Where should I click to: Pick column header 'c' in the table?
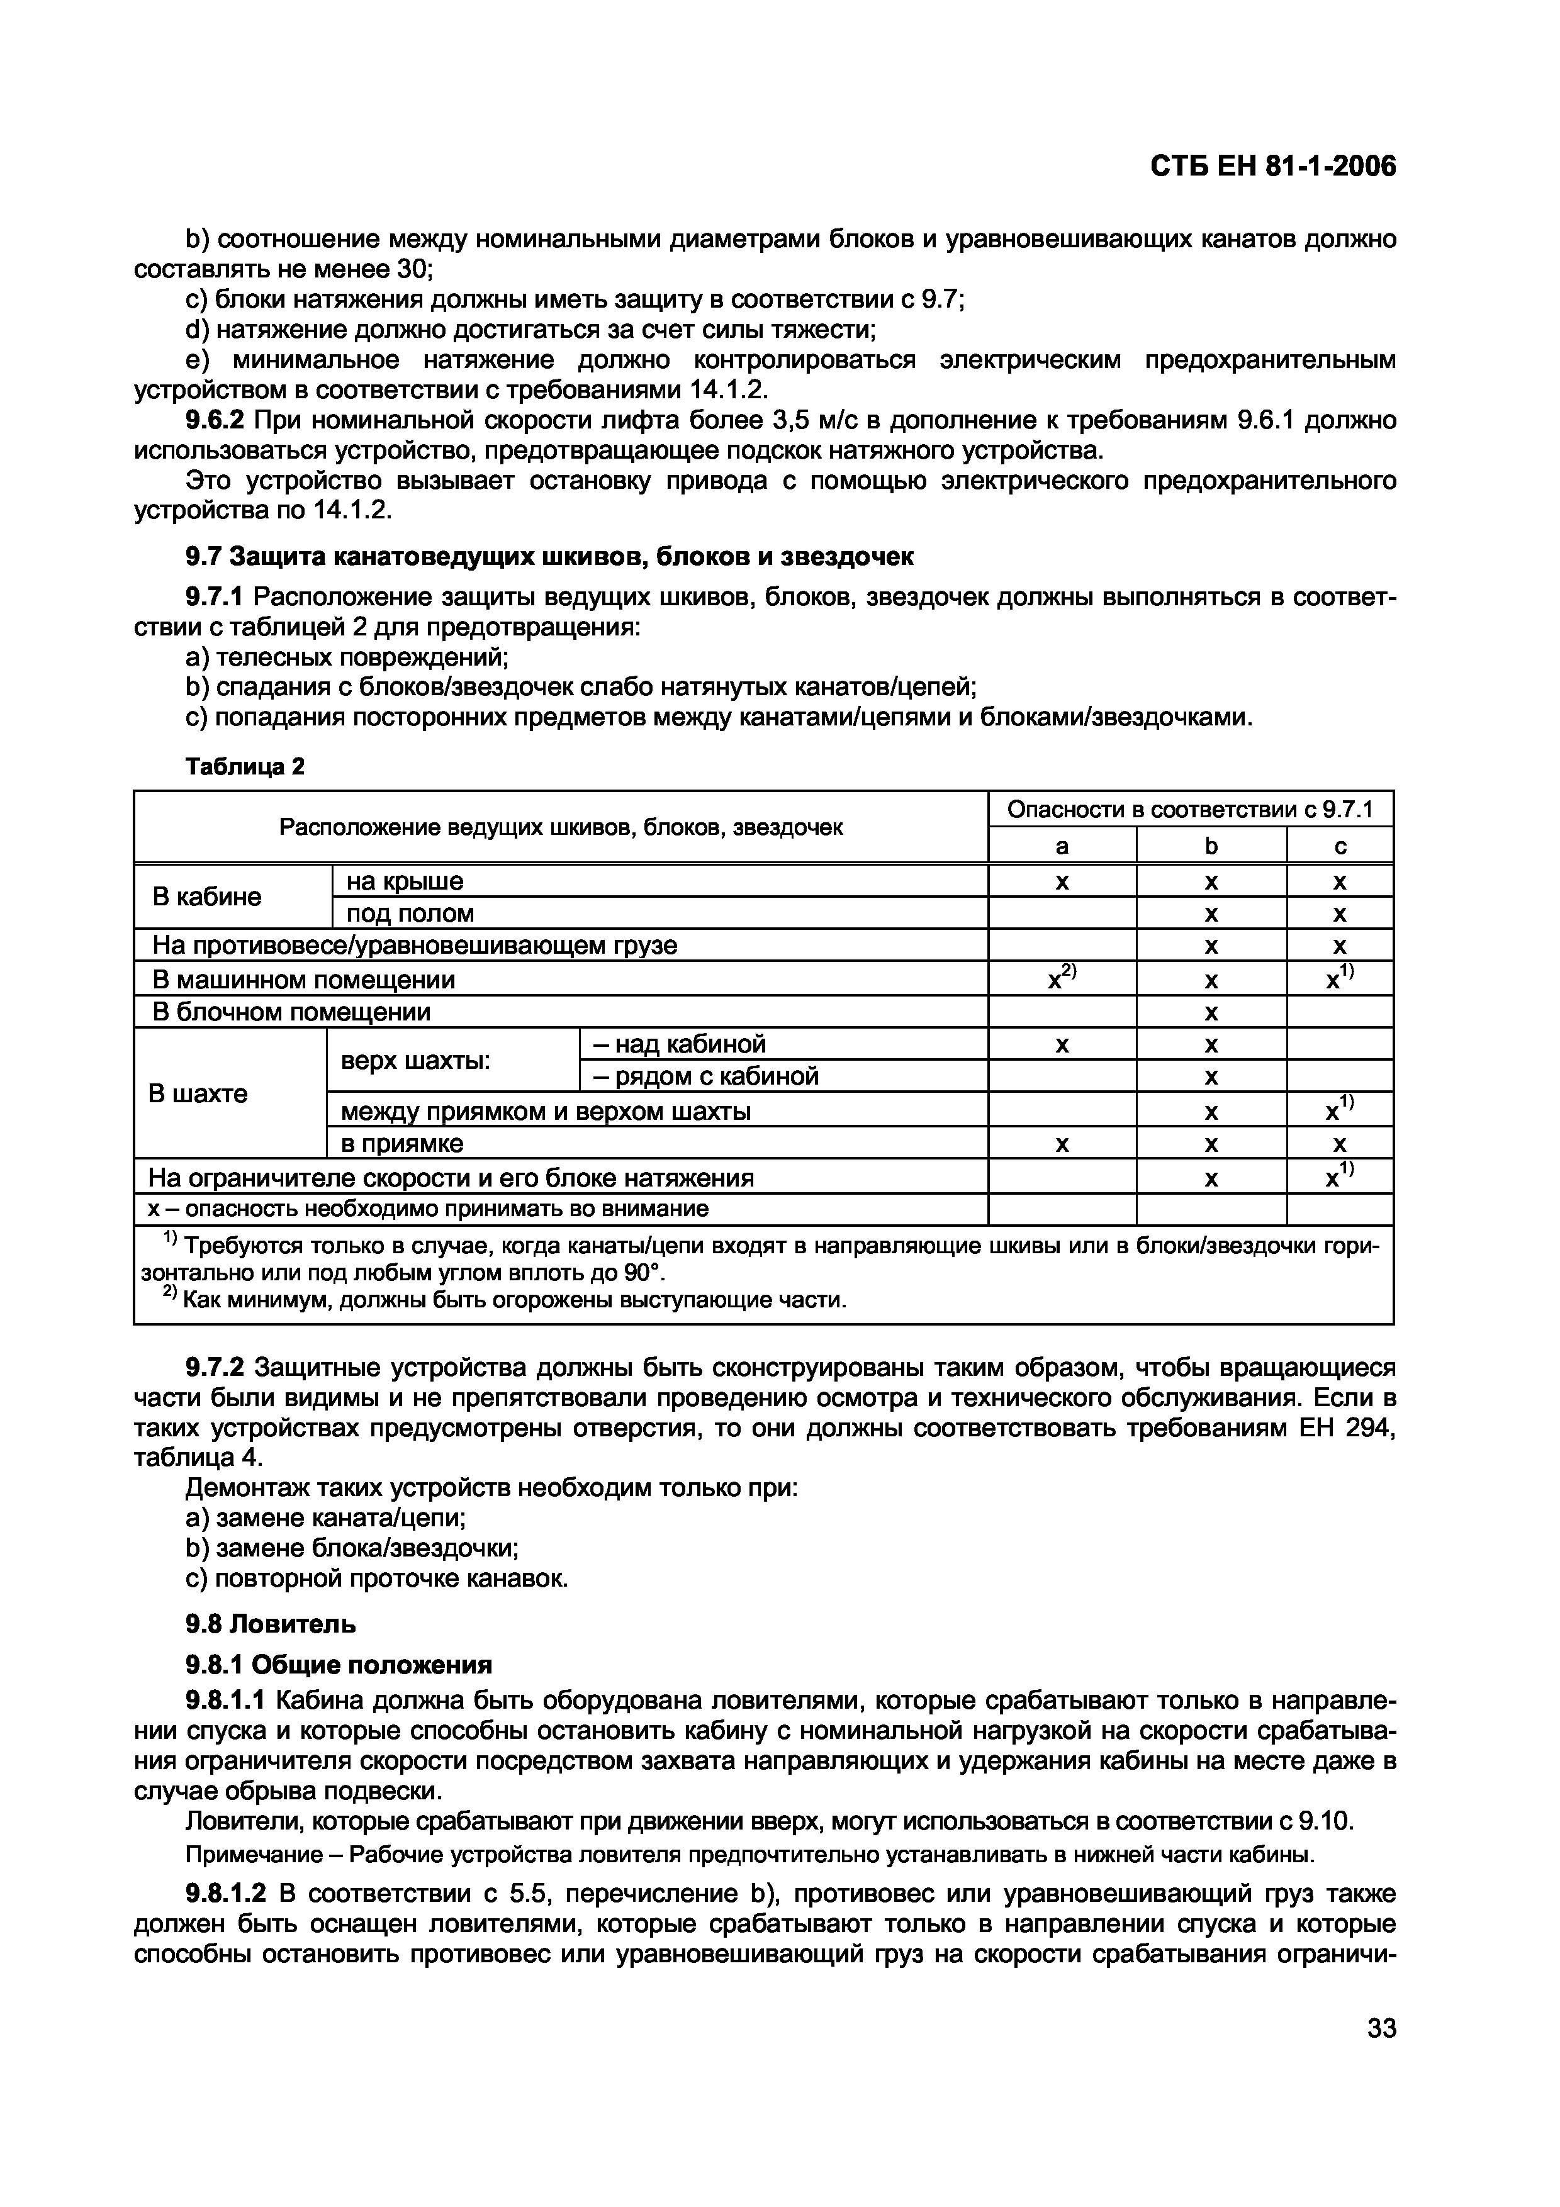point(1340,846)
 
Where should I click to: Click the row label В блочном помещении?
point(291,1011)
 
